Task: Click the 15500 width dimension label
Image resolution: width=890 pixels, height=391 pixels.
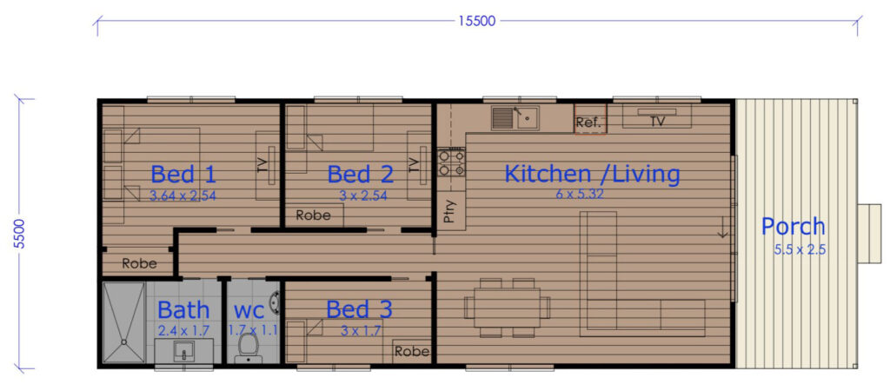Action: [477, 21]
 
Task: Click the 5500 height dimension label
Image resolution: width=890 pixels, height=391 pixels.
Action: [21, 233]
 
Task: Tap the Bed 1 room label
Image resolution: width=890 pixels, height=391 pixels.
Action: [183, 175]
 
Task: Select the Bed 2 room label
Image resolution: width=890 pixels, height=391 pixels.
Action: [361, 175]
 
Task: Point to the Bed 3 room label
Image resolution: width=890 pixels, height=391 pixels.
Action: [359, 310]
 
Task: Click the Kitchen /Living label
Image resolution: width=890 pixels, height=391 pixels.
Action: [592, 174]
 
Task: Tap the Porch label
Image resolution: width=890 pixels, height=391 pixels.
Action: [793, 227]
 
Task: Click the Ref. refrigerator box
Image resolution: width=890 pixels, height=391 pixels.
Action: [590, 119]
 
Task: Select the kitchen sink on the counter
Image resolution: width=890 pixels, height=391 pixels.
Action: [515, 118]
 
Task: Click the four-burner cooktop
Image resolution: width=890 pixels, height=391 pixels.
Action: [451, 162]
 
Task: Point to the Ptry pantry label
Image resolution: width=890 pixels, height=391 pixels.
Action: [449, 212]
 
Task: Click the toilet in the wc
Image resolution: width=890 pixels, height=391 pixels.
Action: [248, 346]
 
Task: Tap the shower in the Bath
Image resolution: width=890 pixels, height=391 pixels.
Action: [124, 322]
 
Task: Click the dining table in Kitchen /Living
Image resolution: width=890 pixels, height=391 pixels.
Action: [507, 308]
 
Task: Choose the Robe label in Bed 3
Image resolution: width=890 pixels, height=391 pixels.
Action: [412, 351]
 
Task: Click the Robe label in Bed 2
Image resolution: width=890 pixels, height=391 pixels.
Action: [313, 215]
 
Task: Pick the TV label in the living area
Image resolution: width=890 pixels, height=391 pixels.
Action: [657, 121]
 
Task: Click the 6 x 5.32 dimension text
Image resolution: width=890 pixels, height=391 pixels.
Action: [579, 194]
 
